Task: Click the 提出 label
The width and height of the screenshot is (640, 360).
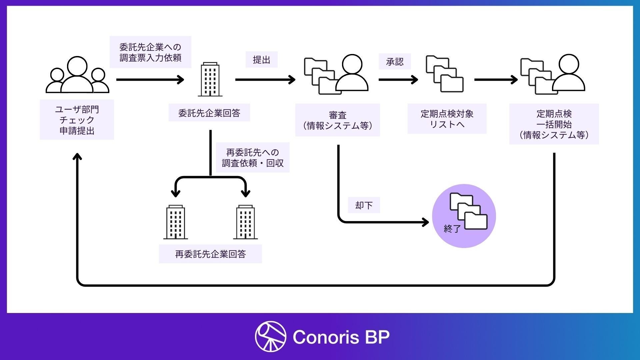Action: tap(261, 60)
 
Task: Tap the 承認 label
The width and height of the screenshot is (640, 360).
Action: tap(395, 61)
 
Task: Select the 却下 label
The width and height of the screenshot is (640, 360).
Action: tap(364, 205)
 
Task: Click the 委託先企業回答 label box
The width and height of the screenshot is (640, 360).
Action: tap(209, 113)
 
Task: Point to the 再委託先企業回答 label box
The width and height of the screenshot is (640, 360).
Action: tap(210, 254)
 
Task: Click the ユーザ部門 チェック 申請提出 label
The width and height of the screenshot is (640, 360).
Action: tap(77, 120)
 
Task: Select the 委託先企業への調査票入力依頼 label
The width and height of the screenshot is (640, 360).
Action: tap(150, 52)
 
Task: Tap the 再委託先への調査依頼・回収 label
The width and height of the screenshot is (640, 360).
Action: tap(253, 158)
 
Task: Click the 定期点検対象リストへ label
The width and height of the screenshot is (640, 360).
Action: tap(447, 119)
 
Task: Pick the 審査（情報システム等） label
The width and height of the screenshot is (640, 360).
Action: tap(337, 120)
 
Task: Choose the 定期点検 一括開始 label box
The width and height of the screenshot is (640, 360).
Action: tap(554, 124)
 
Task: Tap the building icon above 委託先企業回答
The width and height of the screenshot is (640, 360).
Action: tap(210, 79)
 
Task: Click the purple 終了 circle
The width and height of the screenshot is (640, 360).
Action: tap(464, 216)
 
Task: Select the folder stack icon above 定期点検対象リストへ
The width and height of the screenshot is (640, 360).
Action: tap(444, 74)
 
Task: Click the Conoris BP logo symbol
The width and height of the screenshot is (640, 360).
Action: tap(270, 336)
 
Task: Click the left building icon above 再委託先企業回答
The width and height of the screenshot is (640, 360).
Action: tap(175, 222)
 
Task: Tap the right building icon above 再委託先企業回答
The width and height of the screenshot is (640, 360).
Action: tap(245, 222)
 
